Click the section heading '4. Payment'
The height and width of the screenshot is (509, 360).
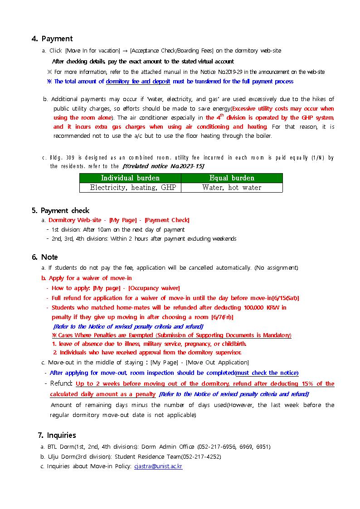[x=52, y=39]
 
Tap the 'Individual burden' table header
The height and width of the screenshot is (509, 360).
[x=130, y=178]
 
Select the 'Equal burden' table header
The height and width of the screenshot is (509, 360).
[x=232, y=178]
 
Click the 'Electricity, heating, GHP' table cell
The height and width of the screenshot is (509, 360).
[x=130, y=188]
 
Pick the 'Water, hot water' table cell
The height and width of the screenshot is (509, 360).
[x=232, y=188]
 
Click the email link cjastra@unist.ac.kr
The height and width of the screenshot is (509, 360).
[x=158, y=466]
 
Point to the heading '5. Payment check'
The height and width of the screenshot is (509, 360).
[x=60, y=211]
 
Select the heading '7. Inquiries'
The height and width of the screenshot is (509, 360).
[x=57, y=436]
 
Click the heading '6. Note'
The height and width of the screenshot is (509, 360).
[x=45, y=257]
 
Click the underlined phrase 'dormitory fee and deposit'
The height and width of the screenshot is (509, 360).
[x=138, y=82]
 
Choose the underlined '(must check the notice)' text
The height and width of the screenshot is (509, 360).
[x=267, y=373]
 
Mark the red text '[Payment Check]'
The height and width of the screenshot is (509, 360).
[x=167, y=220]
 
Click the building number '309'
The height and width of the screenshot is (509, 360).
[x=70, y=158]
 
